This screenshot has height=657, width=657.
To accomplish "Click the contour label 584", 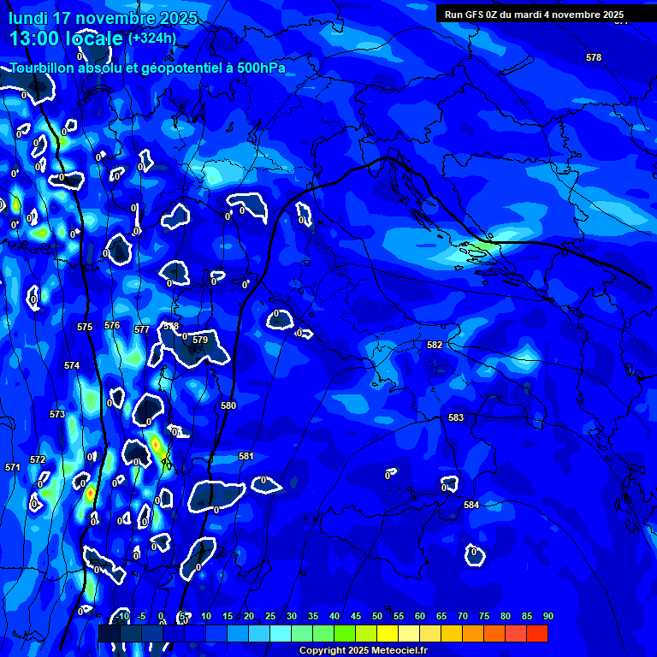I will [471, 505].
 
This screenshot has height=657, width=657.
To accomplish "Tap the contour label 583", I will [456, 417].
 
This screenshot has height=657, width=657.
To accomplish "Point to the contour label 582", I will [435, 345].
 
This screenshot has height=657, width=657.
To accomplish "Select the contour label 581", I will [246, 456].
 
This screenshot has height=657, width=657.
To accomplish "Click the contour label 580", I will [228, 405].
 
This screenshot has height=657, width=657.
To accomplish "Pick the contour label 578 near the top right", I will [594, 57].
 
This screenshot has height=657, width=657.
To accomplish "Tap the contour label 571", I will [13, 467].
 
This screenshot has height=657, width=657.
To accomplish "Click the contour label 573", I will [57, 414].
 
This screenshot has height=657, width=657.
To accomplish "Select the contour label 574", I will [72, 365].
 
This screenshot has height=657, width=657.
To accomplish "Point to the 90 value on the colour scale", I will [547, 616].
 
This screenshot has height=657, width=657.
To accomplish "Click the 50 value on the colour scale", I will [377, 616].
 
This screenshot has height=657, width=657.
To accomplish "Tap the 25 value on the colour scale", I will [270, 616].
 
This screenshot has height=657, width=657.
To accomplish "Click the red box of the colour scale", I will [537, 633].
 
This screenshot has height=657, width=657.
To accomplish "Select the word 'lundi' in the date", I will [27, 18].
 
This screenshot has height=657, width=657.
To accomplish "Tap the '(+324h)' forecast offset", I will [151, 38].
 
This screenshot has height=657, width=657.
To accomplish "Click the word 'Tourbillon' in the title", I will [44, 68].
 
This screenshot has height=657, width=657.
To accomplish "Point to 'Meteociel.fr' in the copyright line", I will [402, 650].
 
